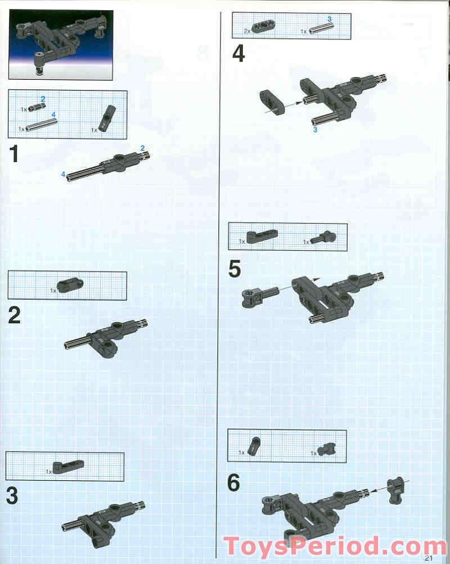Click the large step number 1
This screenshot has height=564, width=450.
tap(13, 154)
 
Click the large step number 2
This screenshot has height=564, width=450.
tap(15, 315)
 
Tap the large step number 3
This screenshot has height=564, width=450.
tap(12, 495)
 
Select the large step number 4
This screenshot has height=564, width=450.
tap(238, 54)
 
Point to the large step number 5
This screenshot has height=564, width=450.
tap(235, 269)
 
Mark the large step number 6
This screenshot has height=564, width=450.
tap(233, 482)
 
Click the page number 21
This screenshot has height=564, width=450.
tap(429, 558)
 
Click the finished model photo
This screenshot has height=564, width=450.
tap(60, 44)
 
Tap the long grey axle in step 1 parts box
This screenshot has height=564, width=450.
tap(42, 124)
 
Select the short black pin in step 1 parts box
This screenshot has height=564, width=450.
tap(37, 107)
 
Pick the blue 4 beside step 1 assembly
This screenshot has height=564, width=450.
tap(64, 174)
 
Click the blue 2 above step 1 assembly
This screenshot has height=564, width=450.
tap(142, 148)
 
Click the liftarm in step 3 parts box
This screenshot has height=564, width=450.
tap(69, 466)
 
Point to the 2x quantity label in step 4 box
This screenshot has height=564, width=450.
tap(247, 31)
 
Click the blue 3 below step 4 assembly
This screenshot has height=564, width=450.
tap(315, 129)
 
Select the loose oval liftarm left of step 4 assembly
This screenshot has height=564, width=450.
tap(272, 102)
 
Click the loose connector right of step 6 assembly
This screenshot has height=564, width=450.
tap(395, 490)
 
